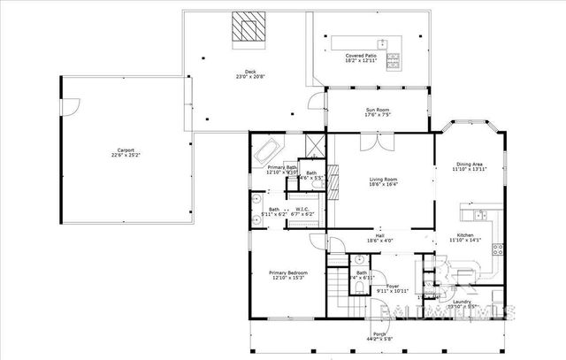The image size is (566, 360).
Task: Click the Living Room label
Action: pos(383,180)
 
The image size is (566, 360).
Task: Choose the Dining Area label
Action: pos(470,164)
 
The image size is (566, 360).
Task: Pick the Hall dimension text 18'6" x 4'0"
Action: pos(379,241)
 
